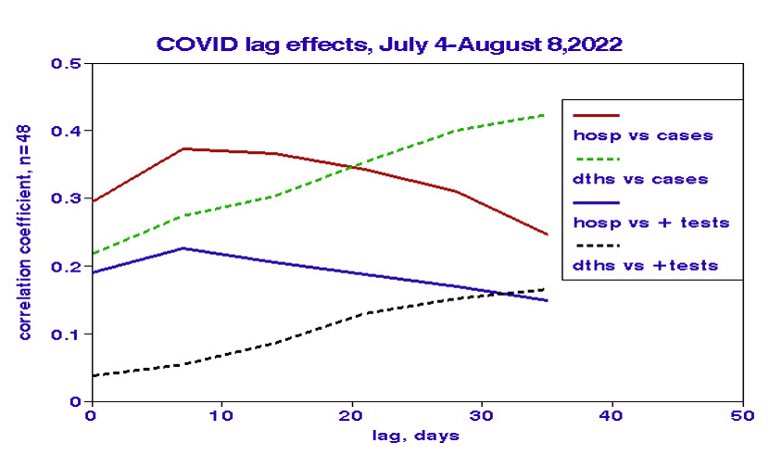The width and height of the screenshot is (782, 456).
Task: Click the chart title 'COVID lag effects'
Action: point(388,44)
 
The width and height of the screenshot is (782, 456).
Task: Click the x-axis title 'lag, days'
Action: point(417,435)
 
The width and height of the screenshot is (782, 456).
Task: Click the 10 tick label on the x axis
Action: point(221,416)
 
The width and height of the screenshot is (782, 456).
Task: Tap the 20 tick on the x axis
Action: point(350,416)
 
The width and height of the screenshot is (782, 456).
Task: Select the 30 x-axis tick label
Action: point(481,416)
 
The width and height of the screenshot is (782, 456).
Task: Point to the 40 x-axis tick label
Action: point(612,416)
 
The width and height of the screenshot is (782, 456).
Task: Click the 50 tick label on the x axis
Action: point(741,416)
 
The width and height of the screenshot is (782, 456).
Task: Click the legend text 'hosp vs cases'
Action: point(643,135)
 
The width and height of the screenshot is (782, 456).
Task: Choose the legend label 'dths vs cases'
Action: point(641,179)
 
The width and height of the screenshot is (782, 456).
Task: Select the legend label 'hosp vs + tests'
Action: point(651,222)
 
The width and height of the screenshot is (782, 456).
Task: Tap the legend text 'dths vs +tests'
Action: point(646,266)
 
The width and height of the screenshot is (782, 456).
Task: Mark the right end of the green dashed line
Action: point(547,115)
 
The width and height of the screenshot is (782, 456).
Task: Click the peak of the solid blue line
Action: point(183,248)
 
